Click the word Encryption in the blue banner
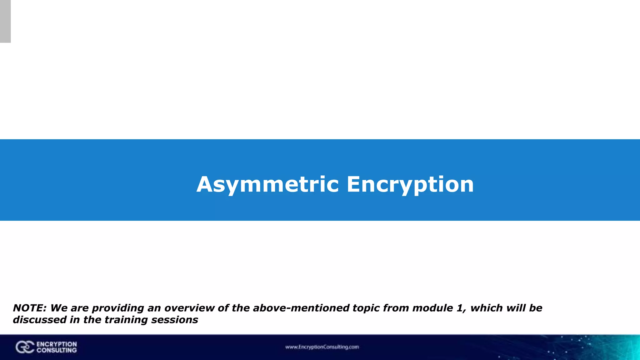(x=410, y=184)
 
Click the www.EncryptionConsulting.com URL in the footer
(x=322, y=347)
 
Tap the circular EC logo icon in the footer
(x=25, y=347)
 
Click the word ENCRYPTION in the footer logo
(x=57, y=344)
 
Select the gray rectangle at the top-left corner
(x=5, y=21)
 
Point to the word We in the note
(x=59, y=308)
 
